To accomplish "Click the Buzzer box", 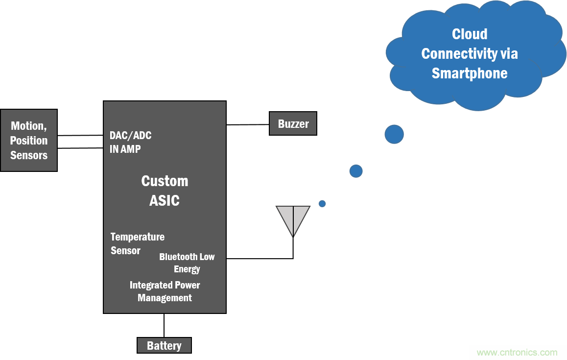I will [x=293, y=123].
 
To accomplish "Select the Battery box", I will [x=164, y=345].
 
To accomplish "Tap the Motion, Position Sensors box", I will [x=29, y=140].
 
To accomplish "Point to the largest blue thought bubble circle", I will [x=394, y=134].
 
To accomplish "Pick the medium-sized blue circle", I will [x=356, y=171].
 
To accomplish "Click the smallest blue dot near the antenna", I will [x=322, y=204].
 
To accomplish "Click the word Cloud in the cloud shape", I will [x=470, y=34].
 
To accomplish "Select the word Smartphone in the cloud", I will [x=470, y=73].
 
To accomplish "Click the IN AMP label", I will [x=125, y=149].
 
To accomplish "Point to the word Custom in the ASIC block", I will [x=165, y=181].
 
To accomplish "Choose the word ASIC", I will [x=165, y=200].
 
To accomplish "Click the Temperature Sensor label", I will [x=137, y=243].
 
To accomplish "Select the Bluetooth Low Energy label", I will [x=187, y=263].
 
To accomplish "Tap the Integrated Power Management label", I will [x=165, y=291].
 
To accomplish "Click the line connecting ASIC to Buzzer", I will [x=248, y=124].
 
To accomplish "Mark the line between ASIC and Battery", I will [x=164, y=325].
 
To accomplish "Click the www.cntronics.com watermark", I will [x=517, y=352].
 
